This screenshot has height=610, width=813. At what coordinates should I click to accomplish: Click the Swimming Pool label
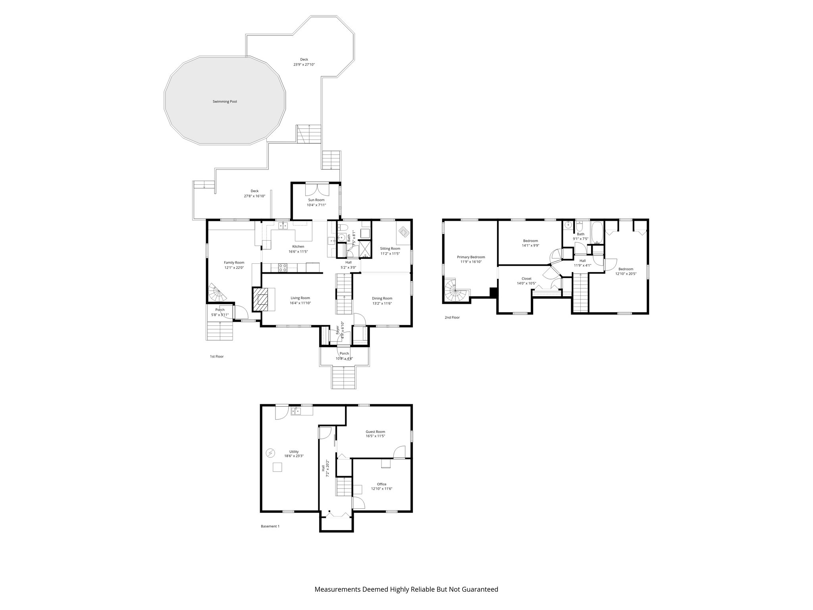225,102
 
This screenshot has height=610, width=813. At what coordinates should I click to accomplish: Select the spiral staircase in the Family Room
217,293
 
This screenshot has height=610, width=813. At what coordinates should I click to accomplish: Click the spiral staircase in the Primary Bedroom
455,290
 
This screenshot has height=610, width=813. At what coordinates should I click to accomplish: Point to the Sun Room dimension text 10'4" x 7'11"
316,205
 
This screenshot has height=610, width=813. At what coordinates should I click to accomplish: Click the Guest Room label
375,432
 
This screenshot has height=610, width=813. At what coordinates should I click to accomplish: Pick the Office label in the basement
381,484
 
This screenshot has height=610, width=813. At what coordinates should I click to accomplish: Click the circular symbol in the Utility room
270,453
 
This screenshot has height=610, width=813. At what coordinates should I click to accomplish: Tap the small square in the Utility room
277,467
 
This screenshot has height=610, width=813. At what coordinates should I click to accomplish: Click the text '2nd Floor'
452,317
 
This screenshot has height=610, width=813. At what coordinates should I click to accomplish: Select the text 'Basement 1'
270,526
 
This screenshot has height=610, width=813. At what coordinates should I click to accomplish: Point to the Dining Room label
382,298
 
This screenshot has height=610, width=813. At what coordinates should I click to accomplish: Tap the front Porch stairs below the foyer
344,377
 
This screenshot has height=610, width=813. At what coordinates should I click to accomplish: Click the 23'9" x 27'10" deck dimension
304,64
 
